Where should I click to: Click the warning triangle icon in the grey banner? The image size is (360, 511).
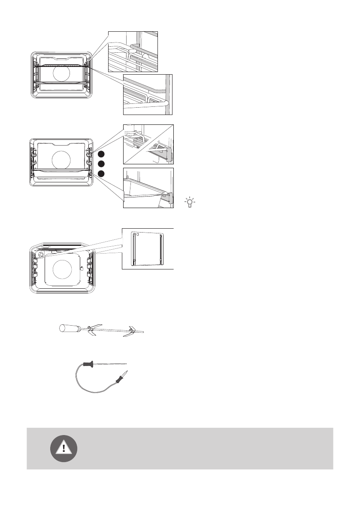click(64, 448)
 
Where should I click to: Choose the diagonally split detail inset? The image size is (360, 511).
click(148, 144)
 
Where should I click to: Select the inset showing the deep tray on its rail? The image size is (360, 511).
click(148, 188)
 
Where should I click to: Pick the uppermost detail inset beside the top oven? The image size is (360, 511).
click(133, 51)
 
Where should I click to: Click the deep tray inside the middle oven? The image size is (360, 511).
click(62, 173)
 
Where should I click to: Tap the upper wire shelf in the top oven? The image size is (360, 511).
click(62, 65)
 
